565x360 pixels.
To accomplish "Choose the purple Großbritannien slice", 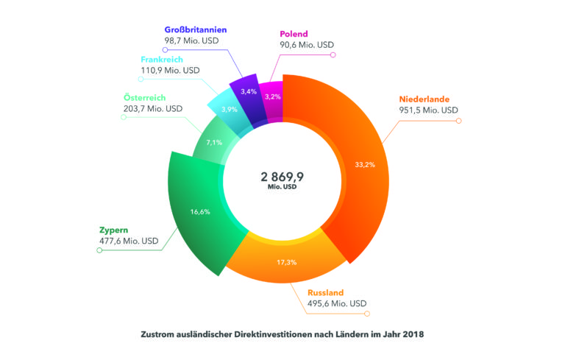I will point(247,92).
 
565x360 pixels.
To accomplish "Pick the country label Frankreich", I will point(163,59).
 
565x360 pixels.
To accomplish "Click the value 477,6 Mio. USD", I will point(129,241).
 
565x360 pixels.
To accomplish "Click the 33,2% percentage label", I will point(365,164).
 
